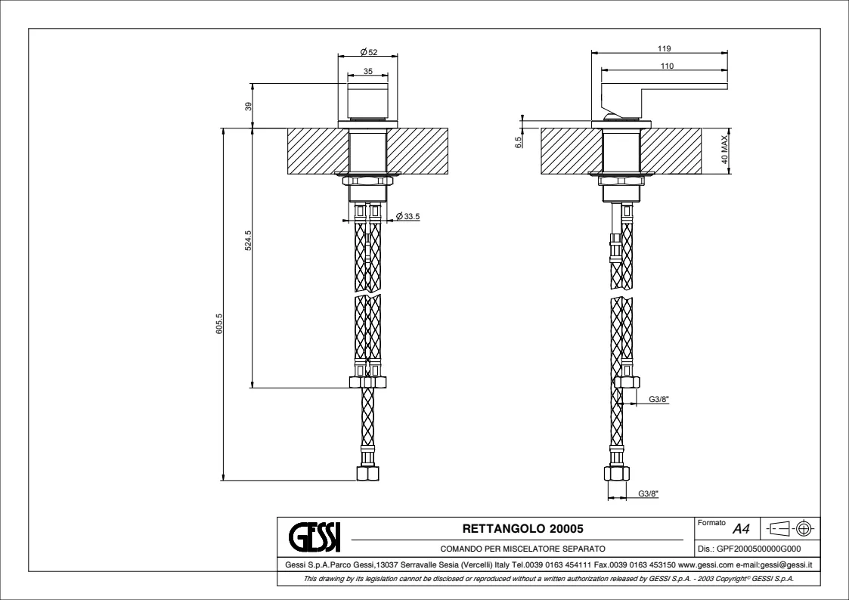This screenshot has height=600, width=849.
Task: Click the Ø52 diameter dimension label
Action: click(369, 52)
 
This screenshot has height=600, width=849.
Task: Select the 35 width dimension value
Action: click(367, 71)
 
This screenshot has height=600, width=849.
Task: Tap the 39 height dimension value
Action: click(249, 106)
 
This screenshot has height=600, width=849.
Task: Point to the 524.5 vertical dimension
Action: click(249, 240)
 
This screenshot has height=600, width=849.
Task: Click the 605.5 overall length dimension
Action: click(219, 323)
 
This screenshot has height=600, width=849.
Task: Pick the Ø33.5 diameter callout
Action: click(407, 216)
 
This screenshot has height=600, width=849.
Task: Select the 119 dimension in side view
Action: click(665, 48)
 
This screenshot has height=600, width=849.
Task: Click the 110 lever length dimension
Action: click(667, 66)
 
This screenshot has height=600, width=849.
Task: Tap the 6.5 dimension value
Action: click(518, 142)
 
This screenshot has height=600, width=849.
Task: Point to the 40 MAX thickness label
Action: click(724, 150)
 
